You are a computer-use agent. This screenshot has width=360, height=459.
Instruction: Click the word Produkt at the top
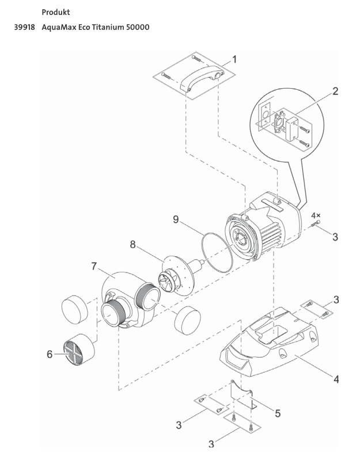click(56, 12)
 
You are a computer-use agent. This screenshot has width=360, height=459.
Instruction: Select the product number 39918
click(26, 27)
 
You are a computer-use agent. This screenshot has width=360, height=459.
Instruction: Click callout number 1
click(234, 60)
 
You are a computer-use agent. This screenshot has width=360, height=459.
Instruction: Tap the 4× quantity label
click(316, 215)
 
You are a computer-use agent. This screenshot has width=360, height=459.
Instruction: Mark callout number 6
click(50, 354)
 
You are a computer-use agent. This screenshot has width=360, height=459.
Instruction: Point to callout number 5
click(278, 413)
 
